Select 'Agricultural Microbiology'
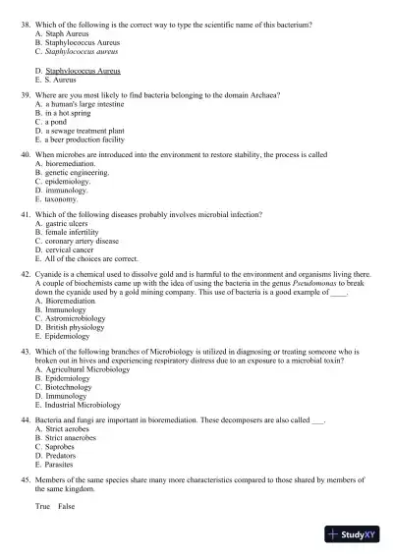coord(86,369)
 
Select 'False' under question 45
coord(66,506)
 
